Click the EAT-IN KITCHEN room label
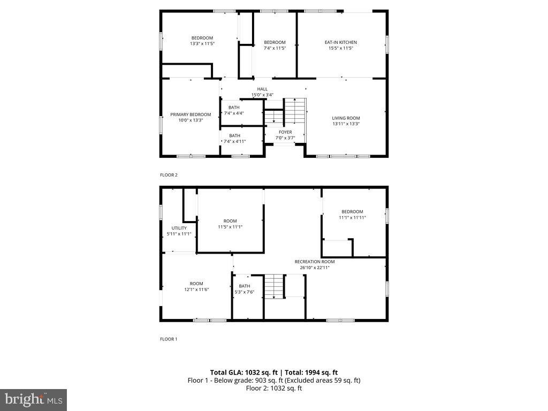tap(340, 42)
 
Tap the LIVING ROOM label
tap(346, 118)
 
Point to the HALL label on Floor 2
tap(262, 89)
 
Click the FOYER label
tap(285, 132)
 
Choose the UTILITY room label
tap(179, 228)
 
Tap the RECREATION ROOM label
tap(315, 262)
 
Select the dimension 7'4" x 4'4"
tap(234, 113)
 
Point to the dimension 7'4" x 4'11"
tap(234, 141)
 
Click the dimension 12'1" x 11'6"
tap(196, 290)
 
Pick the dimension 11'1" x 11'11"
tap(352, 217)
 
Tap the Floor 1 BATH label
tap(244, 286)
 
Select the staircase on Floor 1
tap(273, 286)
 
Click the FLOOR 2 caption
tap(169, 175)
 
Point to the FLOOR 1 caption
tap(169, 339)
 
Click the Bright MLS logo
tap(33, 399)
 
